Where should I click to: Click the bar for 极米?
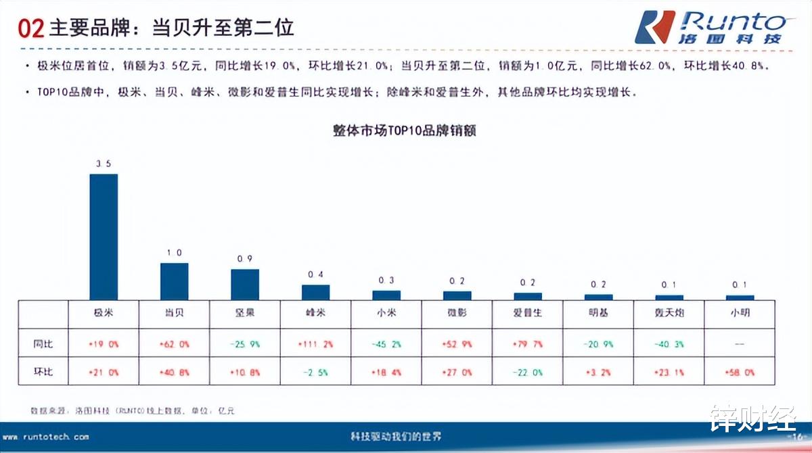104,237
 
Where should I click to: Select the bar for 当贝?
174,281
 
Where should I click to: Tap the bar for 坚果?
245,285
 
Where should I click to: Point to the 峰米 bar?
315,292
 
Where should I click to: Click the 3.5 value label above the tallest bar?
104,164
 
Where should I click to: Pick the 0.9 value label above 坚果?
245,259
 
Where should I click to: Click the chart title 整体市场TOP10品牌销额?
405,131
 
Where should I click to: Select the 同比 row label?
43,344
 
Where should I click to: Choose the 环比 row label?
43,372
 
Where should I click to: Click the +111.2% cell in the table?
315,344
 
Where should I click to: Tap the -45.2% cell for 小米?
386,344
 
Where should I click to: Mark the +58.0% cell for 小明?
740,372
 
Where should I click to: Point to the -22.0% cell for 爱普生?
528,372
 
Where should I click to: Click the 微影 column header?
457,313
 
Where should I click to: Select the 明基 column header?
598,313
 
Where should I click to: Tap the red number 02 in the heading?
30,28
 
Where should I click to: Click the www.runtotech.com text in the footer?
46,437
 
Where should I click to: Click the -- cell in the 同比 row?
740,344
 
